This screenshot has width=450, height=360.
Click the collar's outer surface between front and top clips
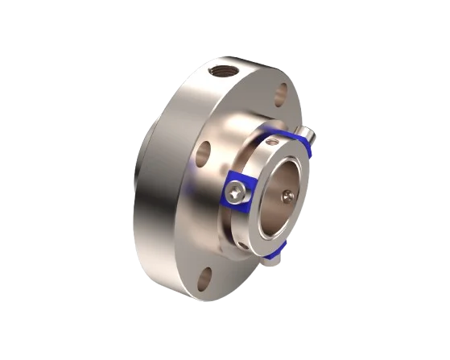(x=250, y=158)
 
